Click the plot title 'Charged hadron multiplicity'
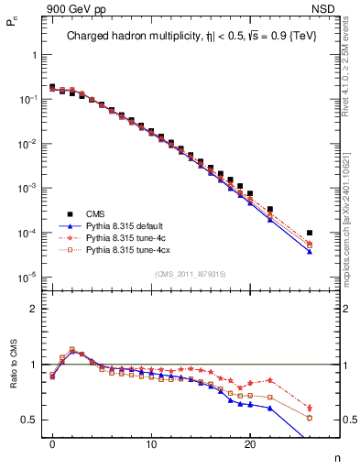click(x=137, y=37)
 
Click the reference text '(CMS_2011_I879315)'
click(x=191, y=273)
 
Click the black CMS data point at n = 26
click(x=310, y=233)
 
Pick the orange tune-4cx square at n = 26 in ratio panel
click(x=310, y=418)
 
